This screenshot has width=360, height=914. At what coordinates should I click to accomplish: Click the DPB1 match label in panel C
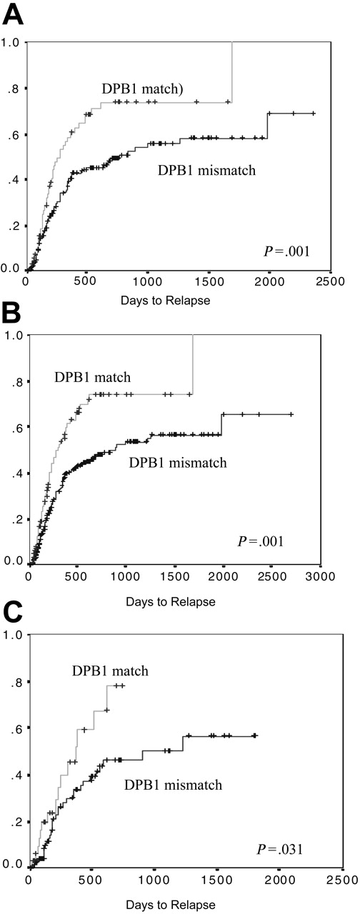pos(109,671)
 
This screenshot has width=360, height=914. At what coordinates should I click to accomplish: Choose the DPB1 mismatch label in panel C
pos(176,785)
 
